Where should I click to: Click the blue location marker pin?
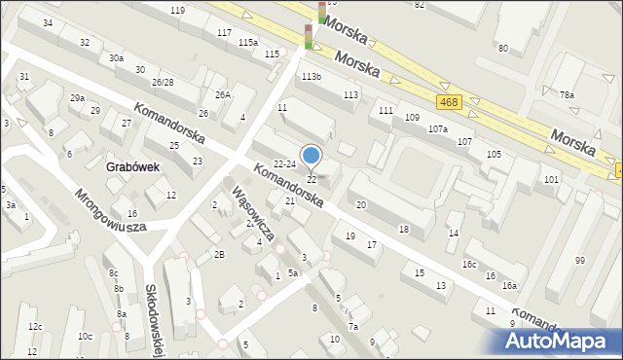tap(311, 156)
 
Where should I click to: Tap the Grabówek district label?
tap(132, 166)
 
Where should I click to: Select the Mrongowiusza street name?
tap(109, 209)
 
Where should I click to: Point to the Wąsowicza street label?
tap(252, 213)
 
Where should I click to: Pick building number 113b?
tap(311, 76)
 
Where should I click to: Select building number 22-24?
tap(284, 163)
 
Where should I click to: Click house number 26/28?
tap(162, 82)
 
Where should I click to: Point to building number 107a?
tap(437, 128)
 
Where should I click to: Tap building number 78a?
tap(567, 94)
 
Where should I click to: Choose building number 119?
tap(176, 10)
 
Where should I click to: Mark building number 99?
tap(580, 260)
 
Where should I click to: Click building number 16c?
tap(469, 264)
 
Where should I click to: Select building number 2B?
tap(219, 254)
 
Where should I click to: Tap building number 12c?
tap(35, 326)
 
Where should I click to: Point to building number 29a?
tap(77, 97)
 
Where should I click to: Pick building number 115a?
tap(248, 42)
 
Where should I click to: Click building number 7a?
tap(353, 326)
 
